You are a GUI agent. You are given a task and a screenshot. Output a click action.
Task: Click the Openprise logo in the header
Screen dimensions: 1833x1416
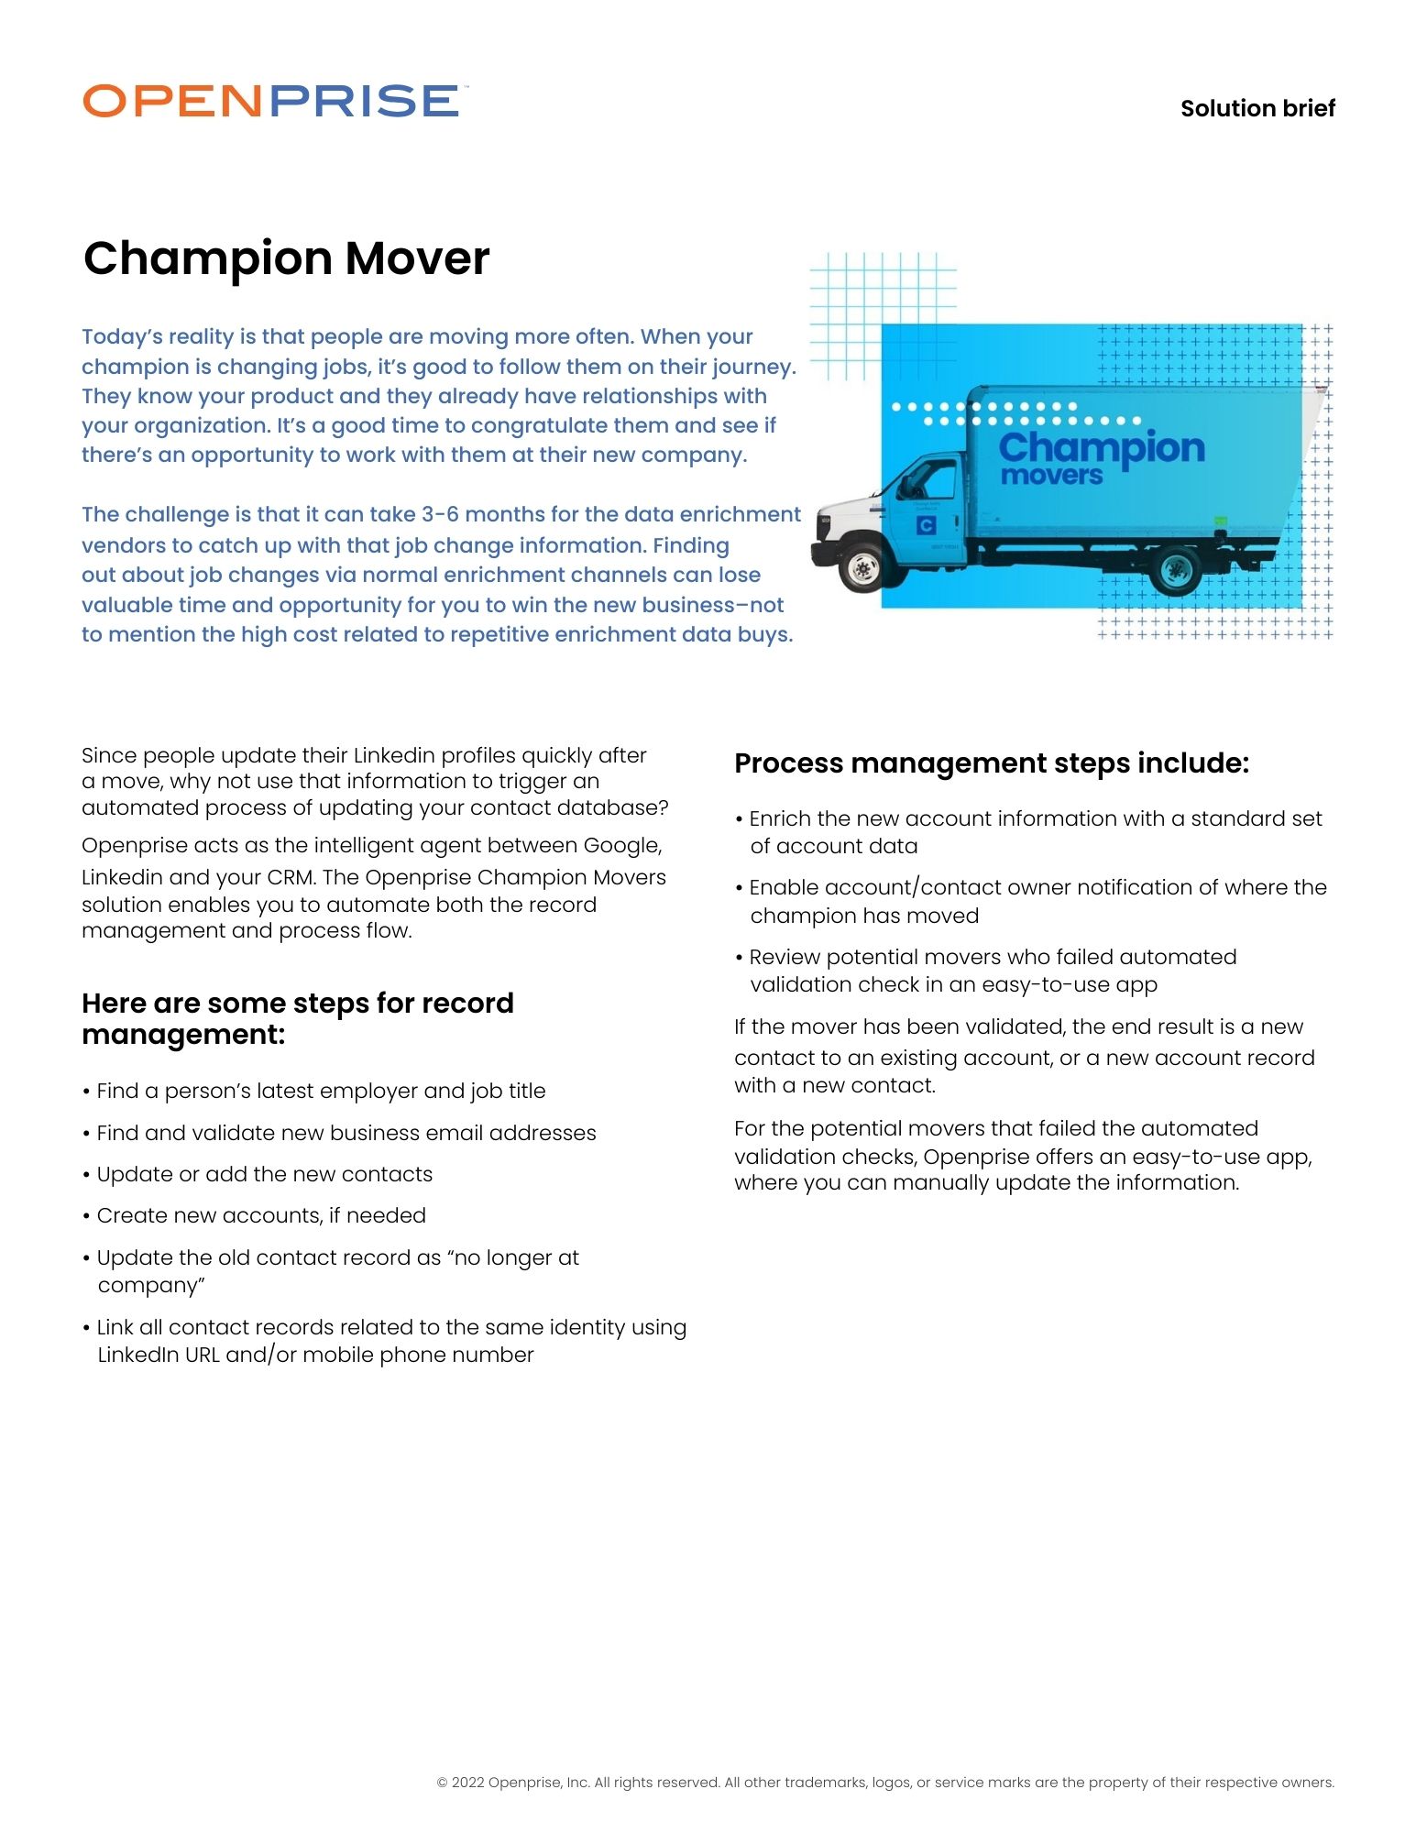click(x=271, y=101)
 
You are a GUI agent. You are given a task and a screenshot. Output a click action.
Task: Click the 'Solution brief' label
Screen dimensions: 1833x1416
click(x=1257, y=108)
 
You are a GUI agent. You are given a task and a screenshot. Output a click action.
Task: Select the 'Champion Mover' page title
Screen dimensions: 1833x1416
click(x=286, y=258)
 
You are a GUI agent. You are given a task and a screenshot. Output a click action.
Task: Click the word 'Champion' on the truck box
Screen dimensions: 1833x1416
click(x=1101, y=448)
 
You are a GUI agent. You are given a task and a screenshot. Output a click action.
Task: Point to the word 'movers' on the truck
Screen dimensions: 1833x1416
click(x=1051, y=476)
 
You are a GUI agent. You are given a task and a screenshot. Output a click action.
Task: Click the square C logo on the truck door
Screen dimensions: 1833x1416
click(x=926, y=525)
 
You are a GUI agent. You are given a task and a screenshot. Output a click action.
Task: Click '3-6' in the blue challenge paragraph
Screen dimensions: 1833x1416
click(x=439, y=515)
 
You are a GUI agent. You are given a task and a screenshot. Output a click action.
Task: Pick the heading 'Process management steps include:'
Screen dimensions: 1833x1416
click(x=991, y=763)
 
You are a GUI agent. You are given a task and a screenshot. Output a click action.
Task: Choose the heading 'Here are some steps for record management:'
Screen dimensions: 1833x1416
click(x=297, y=1018)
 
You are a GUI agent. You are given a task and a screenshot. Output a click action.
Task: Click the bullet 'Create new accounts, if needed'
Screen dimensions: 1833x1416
click(x=261, y=1215)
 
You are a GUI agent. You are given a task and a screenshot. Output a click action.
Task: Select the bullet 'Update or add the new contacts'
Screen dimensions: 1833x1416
click(x=264, y=1174)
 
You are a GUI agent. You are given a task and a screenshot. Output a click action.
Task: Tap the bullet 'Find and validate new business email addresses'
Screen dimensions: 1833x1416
click(x=346, y=1133)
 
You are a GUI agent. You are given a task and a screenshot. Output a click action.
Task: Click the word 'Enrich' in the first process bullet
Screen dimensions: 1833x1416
click(x=779, y=818)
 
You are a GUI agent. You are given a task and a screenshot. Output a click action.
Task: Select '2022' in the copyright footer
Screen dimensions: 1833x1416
click(x=467, y=1783)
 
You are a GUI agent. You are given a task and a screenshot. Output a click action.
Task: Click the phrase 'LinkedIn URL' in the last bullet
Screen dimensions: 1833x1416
click(x=158, y=1355)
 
